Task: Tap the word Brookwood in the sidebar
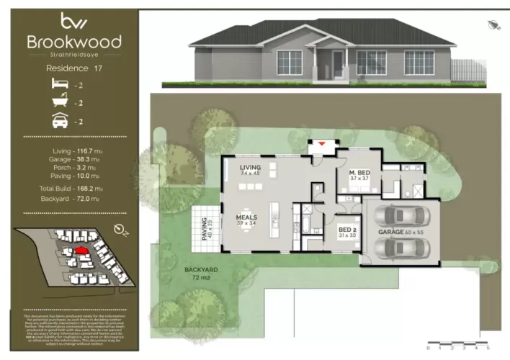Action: pyautogui.click(x=73, y=41)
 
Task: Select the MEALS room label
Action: pyautogui.click(x=247, y=218)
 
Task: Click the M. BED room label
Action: pyautogui.click(x=359, y=174)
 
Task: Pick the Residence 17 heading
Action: pyautogui.click(x=73, y=69)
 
